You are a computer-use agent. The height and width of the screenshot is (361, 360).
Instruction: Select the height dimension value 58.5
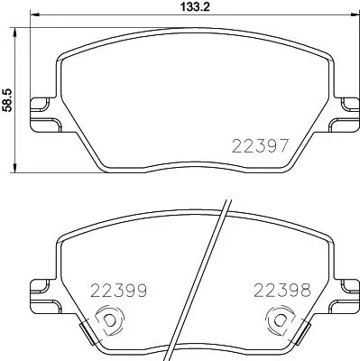[x=8, y=93]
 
